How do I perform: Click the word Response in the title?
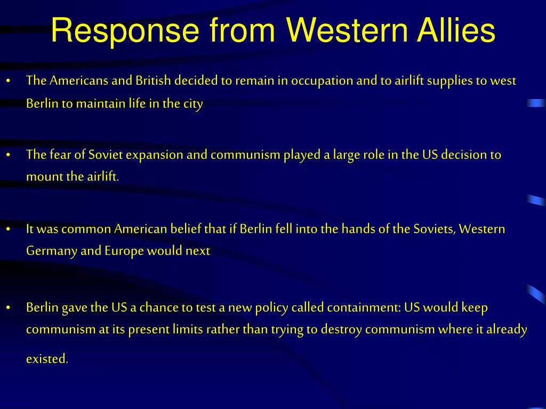click(125, 31)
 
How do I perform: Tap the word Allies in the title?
click(456, 30)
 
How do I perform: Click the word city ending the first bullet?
click(193, 104)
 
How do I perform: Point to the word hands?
click(355, 229)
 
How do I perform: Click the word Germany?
click(52, 251)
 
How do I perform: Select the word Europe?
click(124, 251)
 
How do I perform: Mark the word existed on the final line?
click(47, 358)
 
